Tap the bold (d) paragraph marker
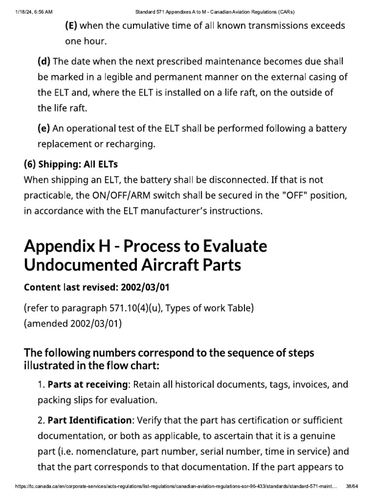point(44,61)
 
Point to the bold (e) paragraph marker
point(44,129)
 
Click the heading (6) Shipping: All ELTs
point(71,164)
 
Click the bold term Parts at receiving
point(87,385)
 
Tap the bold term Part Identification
point(89,420)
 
